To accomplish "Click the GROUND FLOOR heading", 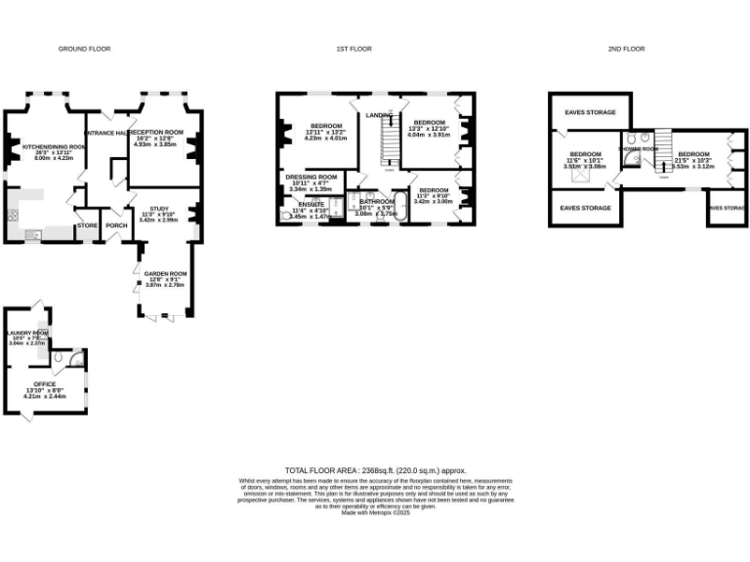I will [x=84, y=48].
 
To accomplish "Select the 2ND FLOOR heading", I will [x=626, y=48].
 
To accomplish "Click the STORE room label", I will [x=87, y=224].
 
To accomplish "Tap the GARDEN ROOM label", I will [x=164, y=273].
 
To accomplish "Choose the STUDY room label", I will [x=159, y=208].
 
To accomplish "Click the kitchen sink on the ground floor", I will [x=33, y=234].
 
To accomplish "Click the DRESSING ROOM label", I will [x=312, y=178].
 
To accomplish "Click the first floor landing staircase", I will [x=387, y=146].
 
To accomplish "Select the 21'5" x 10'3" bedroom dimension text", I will [x=693, y=160].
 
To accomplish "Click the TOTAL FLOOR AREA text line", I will [x=375, y=470].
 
